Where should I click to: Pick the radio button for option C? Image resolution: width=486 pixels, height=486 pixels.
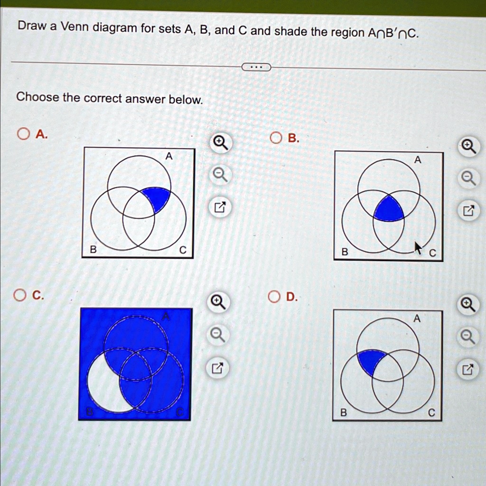tap(19, 296)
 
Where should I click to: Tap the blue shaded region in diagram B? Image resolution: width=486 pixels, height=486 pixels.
tap(389, 209)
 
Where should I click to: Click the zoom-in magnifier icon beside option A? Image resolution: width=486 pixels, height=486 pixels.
tap(220, 142)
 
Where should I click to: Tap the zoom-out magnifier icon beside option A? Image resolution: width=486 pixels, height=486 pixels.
tap(219, 176)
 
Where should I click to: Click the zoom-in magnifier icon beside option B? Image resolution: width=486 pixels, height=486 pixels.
tap(469, 146)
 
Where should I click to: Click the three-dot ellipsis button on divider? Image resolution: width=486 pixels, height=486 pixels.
tap(256, 67)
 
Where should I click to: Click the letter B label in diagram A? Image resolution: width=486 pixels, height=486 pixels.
tap(93, 249)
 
